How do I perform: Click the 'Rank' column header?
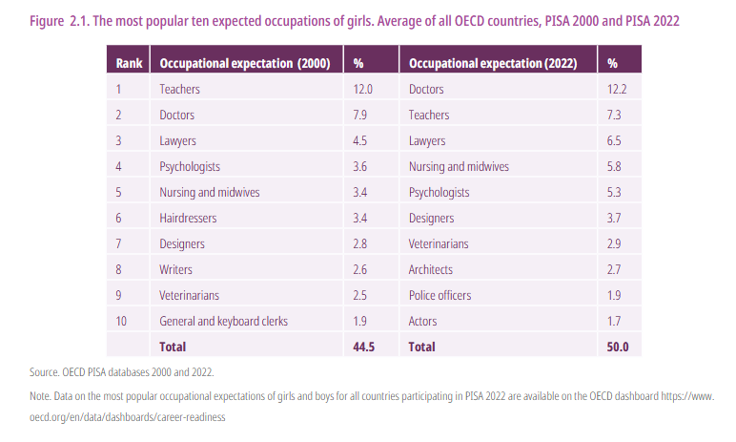(129, 63)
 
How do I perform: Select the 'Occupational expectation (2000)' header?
(244, 63)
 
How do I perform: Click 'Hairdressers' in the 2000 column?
(188, 218)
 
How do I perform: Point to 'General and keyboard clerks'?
(223, 321)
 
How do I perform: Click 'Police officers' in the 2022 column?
(440, 295)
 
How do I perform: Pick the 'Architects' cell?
(430, 269)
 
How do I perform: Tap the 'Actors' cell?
(424, 321)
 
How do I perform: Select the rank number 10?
(121, 321)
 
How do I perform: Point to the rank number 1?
(119, 89)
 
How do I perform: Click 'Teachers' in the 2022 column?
(429, 115)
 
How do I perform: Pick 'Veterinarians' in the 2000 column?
(190, 295)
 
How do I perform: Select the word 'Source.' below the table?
(35, 370)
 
